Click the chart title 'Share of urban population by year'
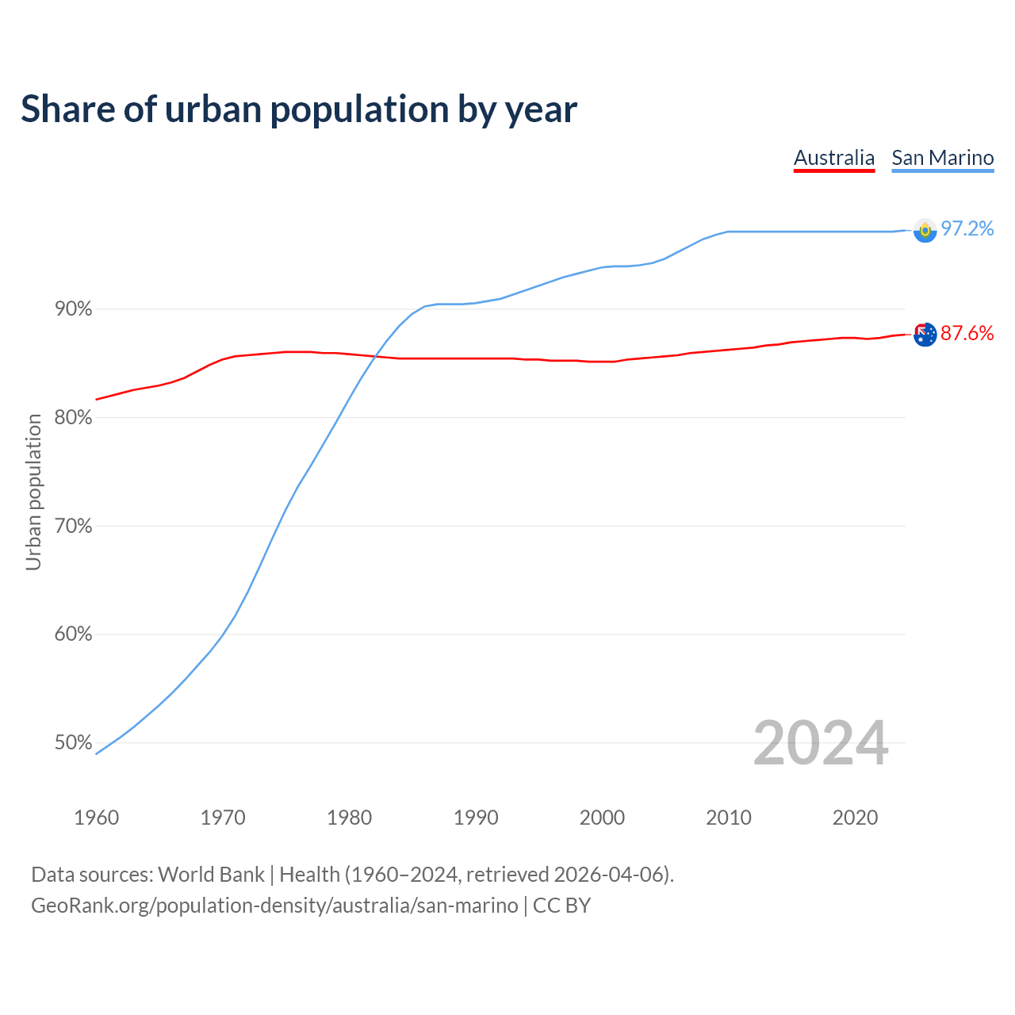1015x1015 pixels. click(299, 109)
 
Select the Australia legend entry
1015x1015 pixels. click(833, 158)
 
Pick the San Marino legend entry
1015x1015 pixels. click(942, 158)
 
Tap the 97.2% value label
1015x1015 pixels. click(967, 229)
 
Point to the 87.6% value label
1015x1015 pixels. click(967, 334)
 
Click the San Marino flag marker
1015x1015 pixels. click(925, 230)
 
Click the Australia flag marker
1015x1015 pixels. click(925, 335)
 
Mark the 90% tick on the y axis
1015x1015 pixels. click(74, 309)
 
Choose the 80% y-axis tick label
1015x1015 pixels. click(74, 418)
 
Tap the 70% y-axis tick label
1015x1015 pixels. click(74, 527)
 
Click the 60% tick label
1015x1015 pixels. click(74, 634)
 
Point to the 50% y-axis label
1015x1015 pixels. click(74, 743)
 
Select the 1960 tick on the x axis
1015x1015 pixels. click(97, 818)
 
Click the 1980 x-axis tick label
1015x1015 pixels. click(350, 818)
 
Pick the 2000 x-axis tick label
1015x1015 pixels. click(603, 818)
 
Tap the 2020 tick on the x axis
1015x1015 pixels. click(855, 818)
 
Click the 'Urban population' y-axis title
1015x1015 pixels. click(33, 492)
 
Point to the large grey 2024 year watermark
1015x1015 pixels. click(821, 744)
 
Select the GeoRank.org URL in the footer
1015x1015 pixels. click(274, 906)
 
